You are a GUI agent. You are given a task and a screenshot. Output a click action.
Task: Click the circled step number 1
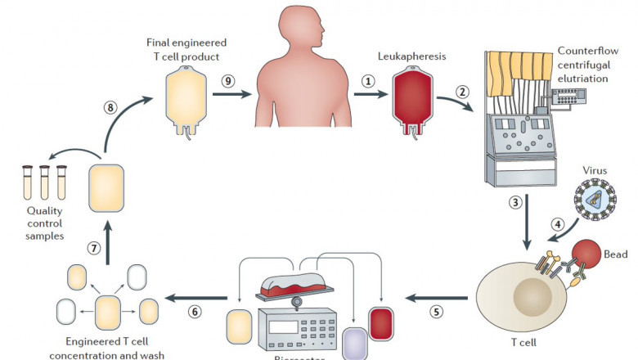coord(369,82)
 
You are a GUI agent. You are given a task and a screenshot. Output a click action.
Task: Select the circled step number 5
coord(436,311)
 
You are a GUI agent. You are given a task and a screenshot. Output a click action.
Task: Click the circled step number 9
coord(228,81)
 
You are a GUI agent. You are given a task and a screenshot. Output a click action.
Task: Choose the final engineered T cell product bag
coord(187,97)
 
